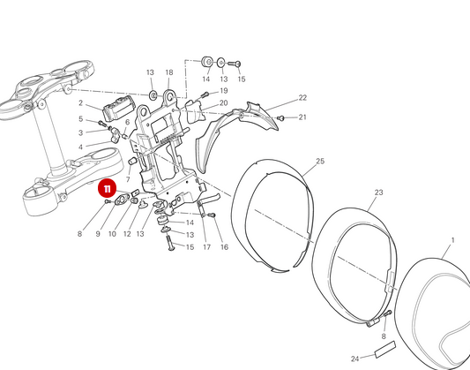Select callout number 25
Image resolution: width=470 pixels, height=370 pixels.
tap(320, 162)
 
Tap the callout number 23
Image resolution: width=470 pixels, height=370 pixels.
tap(378, 192)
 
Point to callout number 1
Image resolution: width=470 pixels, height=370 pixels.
tap(452, 240)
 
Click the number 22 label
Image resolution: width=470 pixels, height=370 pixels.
tap(302, 98)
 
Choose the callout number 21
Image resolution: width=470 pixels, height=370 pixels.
tap(302, 117)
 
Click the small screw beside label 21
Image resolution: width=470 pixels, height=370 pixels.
tap(281, 117)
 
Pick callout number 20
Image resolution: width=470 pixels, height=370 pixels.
tap(224, 103)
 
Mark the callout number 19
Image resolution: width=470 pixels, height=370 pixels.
tap(224, 91)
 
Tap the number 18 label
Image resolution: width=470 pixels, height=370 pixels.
tap(169, 72)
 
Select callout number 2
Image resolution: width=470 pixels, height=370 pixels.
tap(80, 103)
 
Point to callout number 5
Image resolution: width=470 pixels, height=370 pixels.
tap(80, 119)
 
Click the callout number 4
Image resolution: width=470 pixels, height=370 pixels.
tap(80, 147)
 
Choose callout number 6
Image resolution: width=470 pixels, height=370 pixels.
tap(127, 123)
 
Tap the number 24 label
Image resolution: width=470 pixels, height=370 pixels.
tap(354, 359)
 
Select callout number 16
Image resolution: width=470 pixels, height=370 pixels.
tap(224, 247)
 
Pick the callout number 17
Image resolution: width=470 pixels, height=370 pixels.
tap(206, 247)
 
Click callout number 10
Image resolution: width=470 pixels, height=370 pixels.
tap(112, 234)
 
